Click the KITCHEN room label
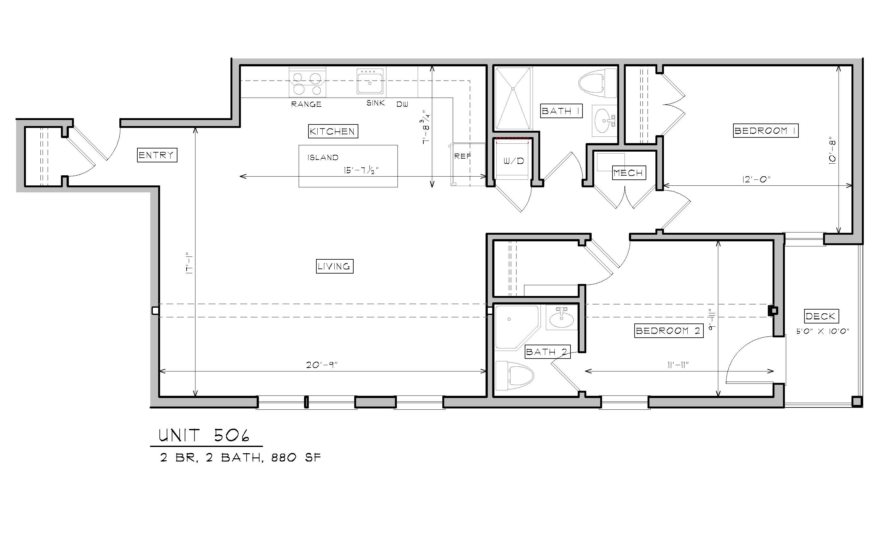(333, 131)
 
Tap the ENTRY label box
(157, 155)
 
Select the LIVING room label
(334, 266)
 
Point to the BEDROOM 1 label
(766, 131)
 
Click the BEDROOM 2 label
(669, 331)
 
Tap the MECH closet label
(629, 173)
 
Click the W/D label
(513, 161)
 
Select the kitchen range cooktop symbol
(308, 82)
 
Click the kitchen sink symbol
(370, 81)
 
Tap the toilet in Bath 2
(514, 376)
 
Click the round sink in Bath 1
(604, 121)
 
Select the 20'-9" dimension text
(322, 365)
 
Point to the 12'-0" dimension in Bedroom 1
(756, 179)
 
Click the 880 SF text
(296, 458)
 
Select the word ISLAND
(323, 157)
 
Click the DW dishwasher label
(402, 104)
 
